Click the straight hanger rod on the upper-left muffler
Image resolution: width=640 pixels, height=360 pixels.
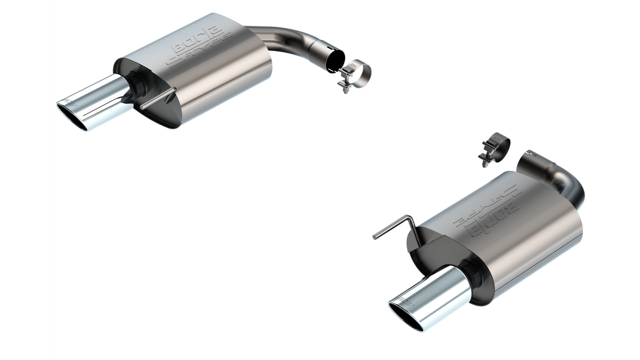click(x=157, y=98)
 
